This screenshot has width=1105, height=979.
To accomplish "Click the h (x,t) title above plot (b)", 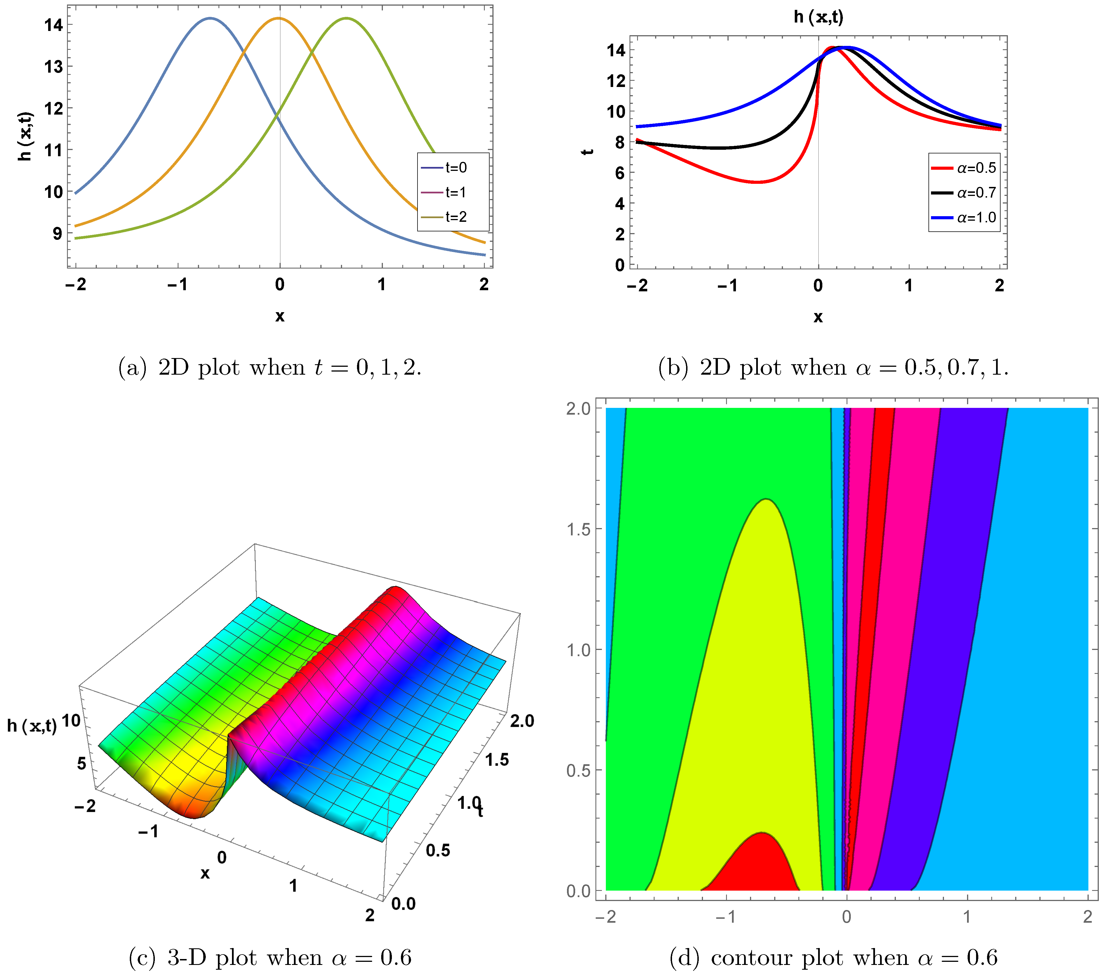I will (x=818, y=17).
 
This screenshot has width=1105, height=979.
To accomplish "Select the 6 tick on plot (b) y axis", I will (x=620, y=173).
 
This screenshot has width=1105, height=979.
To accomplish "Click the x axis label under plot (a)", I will (x=280, y=316).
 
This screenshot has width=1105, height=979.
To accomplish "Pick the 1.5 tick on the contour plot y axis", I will (x=579, y=529).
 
